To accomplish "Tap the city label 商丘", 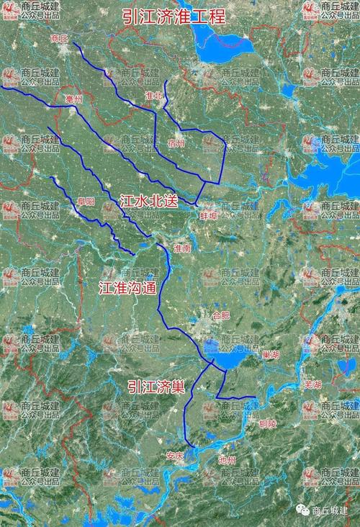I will (60, 38).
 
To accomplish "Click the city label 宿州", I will (176, 143).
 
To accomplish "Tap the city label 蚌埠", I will (208, 215).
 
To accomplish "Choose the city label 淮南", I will (183, 248).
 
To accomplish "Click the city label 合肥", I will (222, 315).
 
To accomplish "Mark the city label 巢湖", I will (271, 354).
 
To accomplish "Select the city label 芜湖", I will (312, 384).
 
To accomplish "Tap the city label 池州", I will (227, 459).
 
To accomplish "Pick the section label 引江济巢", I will (156, 386).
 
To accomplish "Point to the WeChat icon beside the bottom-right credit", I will (302, 510).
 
